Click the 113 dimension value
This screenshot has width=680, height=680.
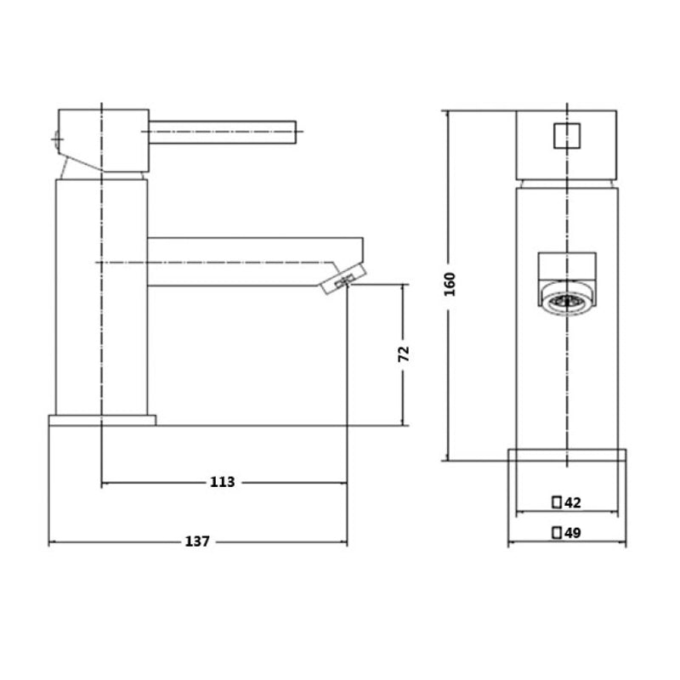click(222, 482)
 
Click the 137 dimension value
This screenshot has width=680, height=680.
click(197, 541)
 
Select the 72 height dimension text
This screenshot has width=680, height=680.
click(404, 354)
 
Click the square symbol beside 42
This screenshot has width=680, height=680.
click(557, 502)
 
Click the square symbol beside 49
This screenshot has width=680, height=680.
click(557, 533)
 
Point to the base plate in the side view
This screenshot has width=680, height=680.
click(103, 420)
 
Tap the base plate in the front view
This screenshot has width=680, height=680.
click(567, 455)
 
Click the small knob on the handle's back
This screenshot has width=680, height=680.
click(57, 137)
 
